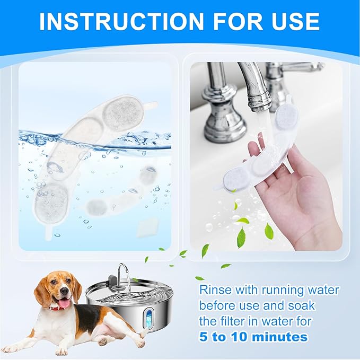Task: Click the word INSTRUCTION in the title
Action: pyautogui.click(x=122, y=21)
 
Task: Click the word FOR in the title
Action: pyautogui.click(x=238, y=21)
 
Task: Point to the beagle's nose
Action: pyautogui.click(x=65, y=292)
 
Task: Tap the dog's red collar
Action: pyautogui.click(x=57, y=308)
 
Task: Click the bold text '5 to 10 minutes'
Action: pyautogui.click(x=253, y=337)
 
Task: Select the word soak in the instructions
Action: pyautogui.click(x=301, y=305)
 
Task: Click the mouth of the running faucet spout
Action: pyautogui.click(x=259, y=104)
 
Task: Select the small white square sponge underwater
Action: pyautogui.click(x=147, y=227)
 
